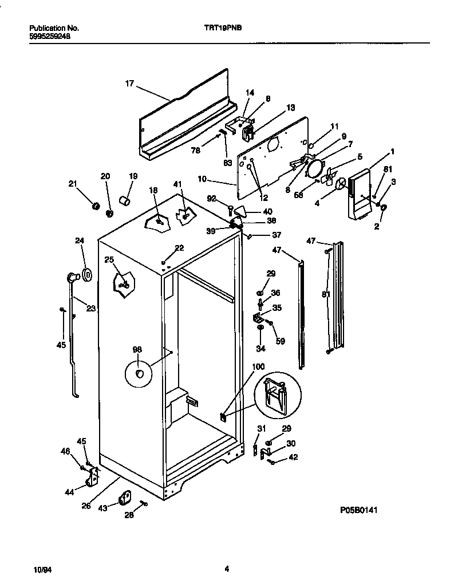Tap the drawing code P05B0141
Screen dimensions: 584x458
[358, 509]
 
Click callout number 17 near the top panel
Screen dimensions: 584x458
[129, 84]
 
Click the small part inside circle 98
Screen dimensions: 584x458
[139, 374]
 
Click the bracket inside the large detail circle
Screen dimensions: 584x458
[276, 396]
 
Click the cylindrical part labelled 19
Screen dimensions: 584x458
[124, 200]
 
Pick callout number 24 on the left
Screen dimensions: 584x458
[80, 240]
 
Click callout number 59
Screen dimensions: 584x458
[280, 342]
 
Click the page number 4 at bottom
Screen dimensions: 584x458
[227, 569]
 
